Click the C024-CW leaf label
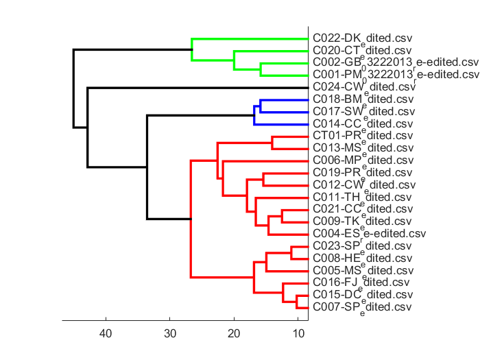coord(364,87)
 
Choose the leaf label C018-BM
coord(363,99)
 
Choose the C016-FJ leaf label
coord(361,282)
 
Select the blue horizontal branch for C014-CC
coord(281,124)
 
